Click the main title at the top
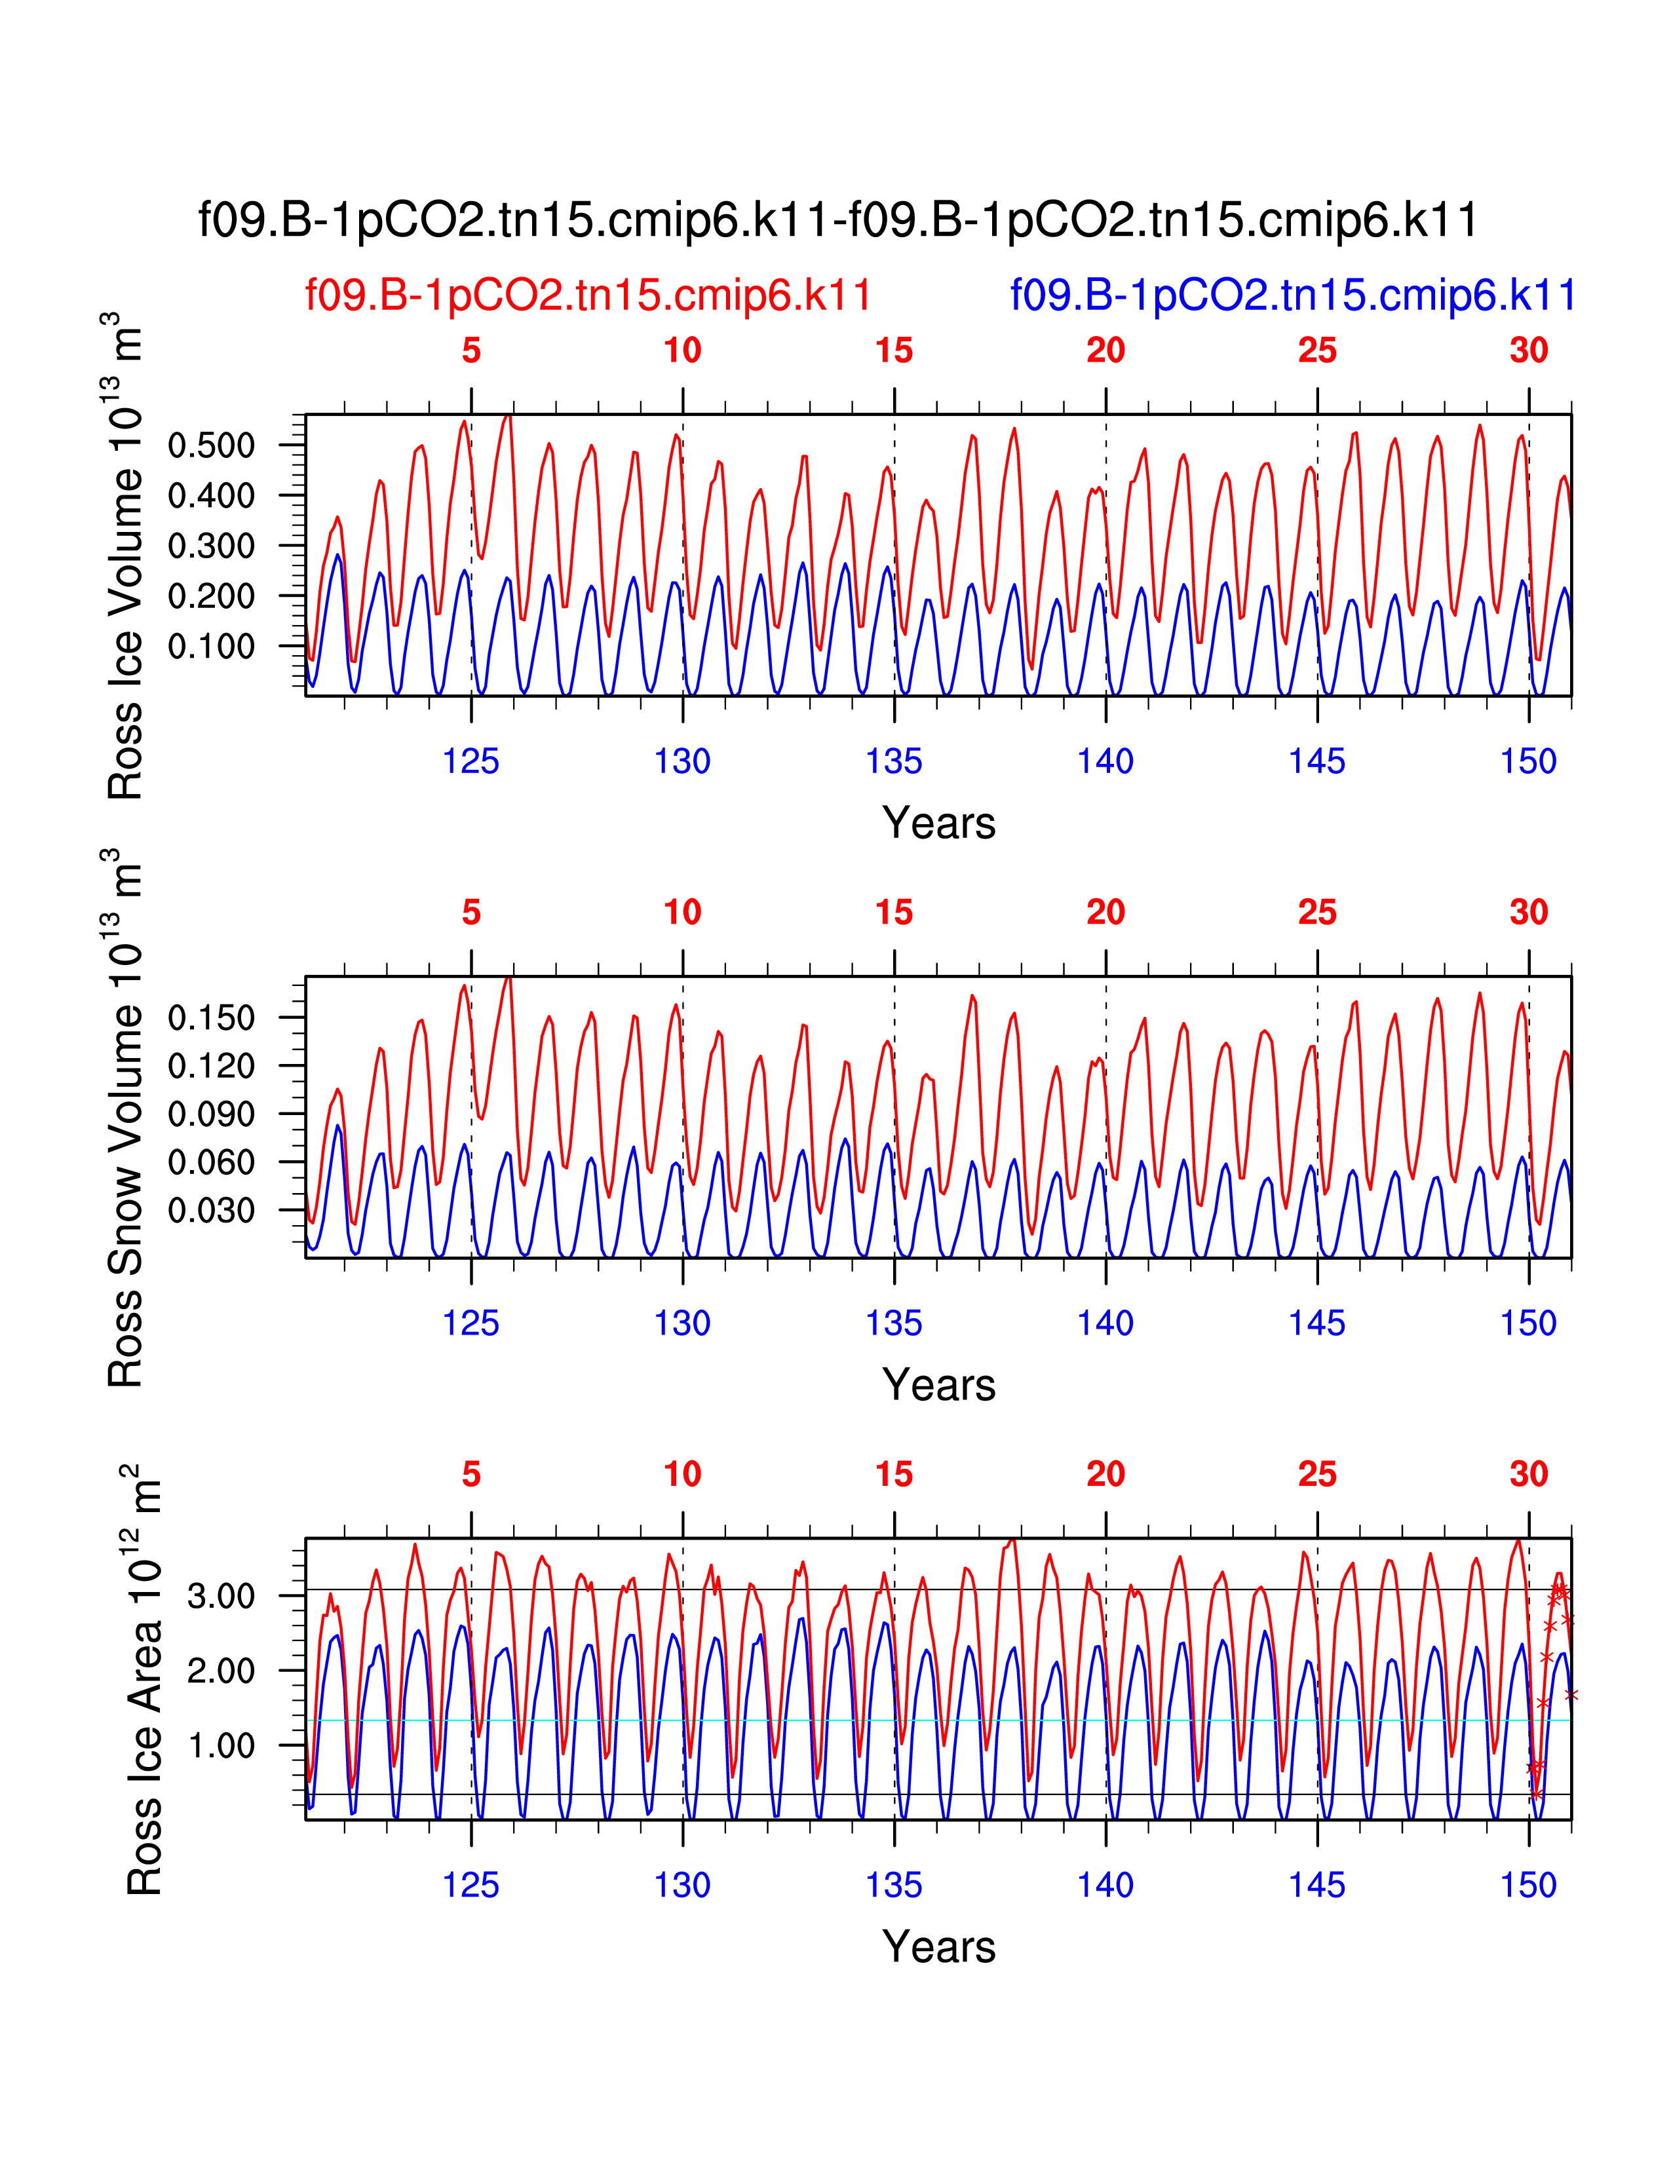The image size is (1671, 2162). [837, 219]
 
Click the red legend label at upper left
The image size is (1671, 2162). [588, 295]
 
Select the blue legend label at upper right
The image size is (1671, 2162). [1292, 295]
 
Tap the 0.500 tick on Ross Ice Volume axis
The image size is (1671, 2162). [211, 446]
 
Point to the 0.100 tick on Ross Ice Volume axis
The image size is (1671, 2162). [211, 647]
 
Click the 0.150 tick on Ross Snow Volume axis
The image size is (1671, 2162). [211, 1017]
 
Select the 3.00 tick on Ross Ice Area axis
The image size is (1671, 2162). [221, 1597]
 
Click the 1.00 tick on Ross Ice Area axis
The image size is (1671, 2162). [221, 1745]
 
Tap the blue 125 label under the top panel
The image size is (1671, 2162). [471, 761]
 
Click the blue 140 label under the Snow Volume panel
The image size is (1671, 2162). [1105, 1323]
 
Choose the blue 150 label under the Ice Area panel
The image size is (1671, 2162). [1528, 1886]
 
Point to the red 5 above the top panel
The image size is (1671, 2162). [471, 351]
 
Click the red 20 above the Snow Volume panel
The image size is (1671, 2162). [1105, 913]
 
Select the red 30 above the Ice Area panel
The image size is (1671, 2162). [1528, 1475]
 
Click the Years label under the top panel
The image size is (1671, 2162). [938, 824]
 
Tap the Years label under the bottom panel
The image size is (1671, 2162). [938, 1947]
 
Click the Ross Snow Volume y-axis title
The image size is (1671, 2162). [126, 1118]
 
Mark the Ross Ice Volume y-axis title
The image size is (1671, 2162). [126, 556]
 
